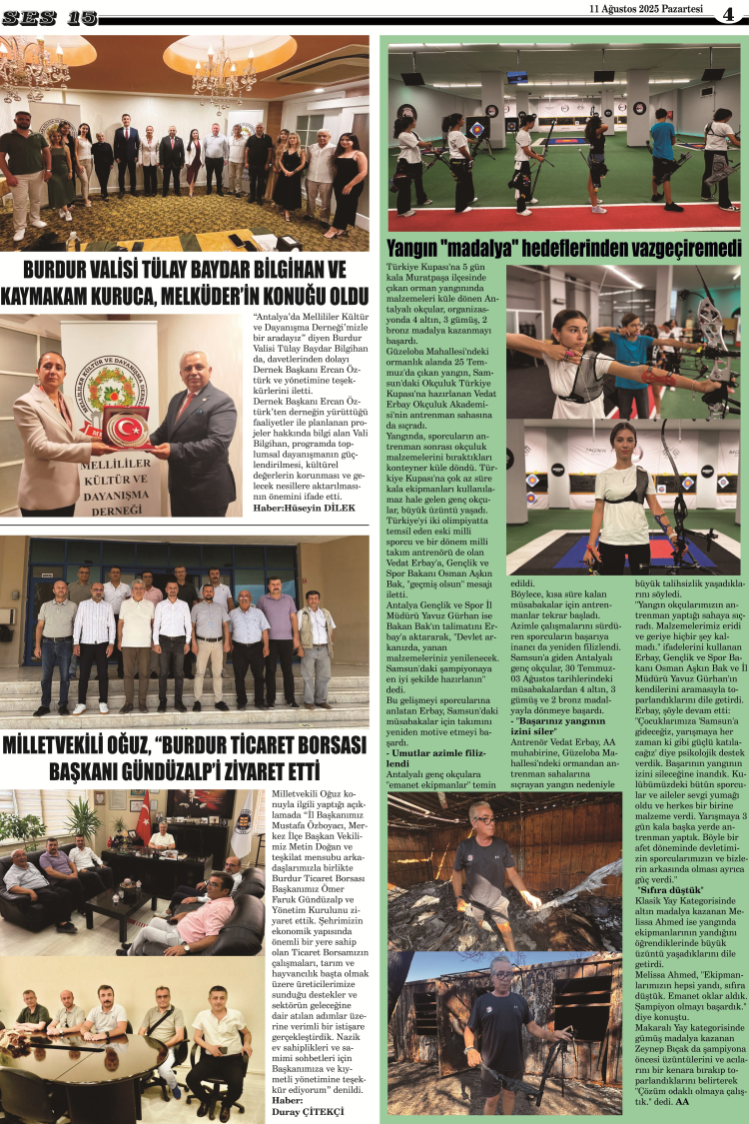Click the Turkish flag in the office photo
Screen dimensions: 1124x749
pos(145,818)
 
